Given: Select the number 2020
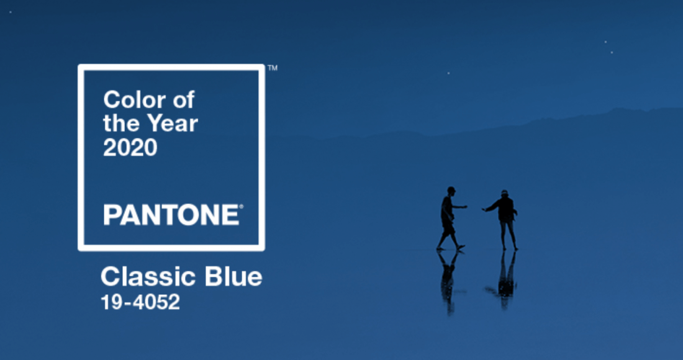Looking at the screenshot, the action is pyautogui.click(x=130, y=148).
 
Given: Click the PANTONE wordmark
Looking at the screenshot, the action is pyautogui.click(x=171, y=215).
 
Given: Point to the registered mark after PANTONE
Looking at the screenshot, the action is pyautogui.click(x=242, y=207).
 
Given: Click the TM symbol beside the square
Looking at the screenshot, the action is pyautogui.click(x=272, y=68).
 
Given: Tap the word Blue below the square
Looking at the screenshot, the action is pyautogui.click(x=233, y=277).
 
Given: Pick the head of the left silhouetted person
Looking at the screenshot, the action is pyautogui.click(x=451, y=191).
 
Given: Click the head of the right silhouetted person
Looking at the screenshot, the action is pyautogui.click(x=504, y=193).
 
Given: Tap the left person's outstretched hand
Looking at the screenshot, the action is pyautogui.click(x=465, y=206).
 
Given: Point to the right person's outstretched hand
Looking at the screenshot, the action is pyautogui.click(x=484, y=209).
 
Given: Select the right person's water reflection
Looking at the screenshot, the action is pyautogui.click(x=506, y=279).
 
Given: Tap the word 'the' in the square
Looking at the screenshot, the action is pyautogui.click(x=121, y=124).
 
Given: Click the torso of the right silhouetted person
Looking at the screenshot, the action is pyautogui.click(x=505, y=209).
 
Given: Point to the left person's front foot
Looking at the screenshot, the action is pyautogui.click(x=461, y=247).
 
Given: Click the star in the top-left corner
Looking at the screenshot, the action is pyautogui.click(x=11, y=12).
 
